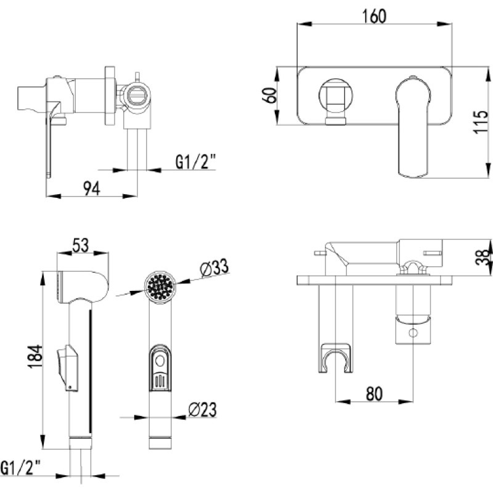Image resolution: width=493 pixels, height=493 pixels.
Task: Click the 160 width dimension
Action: [x=374, y=16]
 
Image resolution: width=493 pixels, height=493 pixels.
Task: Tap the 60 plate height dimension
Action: [x=270, y=96]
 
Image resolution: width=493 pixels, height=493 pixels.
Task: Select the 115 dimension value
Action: [x=481, y=122]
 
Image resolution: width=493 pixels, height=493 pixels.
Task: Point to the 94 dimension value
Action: [x=91, y=189]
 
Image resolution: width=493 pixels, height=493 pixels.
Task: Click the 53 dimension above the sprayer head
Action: [x=81, y=245]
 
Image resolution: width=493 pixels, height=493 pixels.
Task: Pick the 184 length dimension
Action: [x=35, y=356]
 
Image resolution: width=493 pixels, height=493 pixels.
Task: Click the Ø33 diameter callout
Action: [x=214, y=267]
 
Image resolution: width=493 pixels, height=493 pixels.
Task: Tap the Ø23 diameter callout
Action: [x=203, y=410]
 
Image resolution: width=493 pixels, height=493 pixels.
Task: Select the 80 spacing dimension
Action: [x=374, y=394]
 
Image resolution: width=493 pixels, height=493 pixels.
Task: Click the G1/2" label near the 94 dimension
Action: [x=195, y=163]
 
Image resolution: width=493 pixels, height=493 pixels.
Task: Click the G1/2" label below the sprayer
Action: [x=20, y=468]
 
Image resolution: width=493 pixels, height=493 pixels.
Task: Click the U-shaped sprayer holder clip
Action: [x=335, y=358]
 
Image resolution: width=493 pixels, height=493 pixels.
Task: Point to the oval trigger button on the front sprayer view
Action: [x=160, y=368]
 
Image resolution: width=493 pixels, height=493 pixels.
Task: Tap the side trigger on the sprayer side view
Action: [x=67, y=368]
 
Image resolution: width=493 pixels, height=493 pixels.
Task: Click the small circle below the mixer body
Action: [x=413, y=332]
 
